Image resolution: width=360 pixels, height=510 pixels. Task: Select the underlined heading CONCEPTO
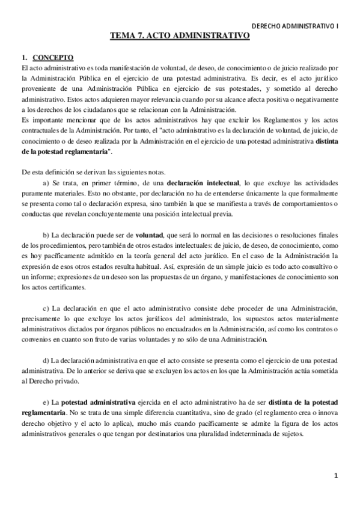coord(53,58)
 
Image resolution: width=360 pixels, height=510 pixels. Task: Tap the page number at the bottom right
coord(336,476)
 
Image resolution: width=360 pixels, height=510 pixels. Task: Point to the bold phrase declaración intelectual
coord(203,182)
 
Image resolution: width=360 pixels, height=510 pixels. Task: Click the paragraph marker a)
coord(46,182)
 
